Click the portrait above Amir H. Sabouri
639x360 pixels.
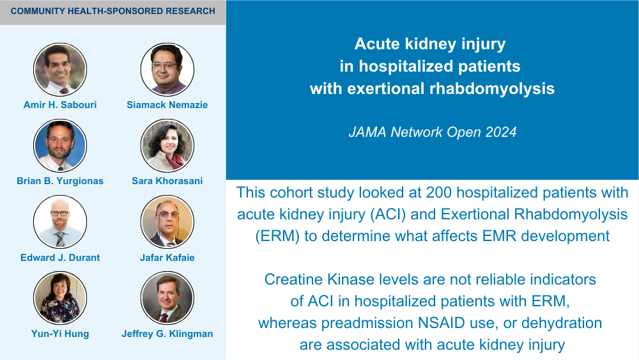coord(60,69)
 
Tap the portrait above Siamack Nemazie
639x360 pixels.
coord(167,69)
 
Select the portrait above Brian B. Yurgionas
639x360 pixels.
coord(60,146)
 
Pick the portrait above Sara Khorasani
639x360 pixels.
coord(167,146)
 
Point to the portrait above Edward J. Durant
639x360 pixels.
coord(60,222)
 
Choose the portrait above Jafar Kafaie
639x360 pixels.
coord(167,222)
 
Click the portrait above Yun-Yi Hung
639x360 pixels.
coord(60,298)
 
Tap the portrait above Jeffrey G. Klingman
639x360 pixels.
coord(167,298)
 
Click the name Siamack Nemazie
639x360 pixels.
coord(167,105)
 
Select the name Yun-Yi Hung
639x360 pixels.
coord(60,334)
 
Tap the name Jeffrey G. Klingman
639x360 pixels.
coord(167,334)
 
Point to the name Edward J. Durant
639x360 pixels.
coord(60,258)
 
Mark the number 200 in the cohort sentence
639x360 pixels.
coord(438,192)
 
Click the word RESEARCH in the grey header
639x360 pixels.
coord(190,11)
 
